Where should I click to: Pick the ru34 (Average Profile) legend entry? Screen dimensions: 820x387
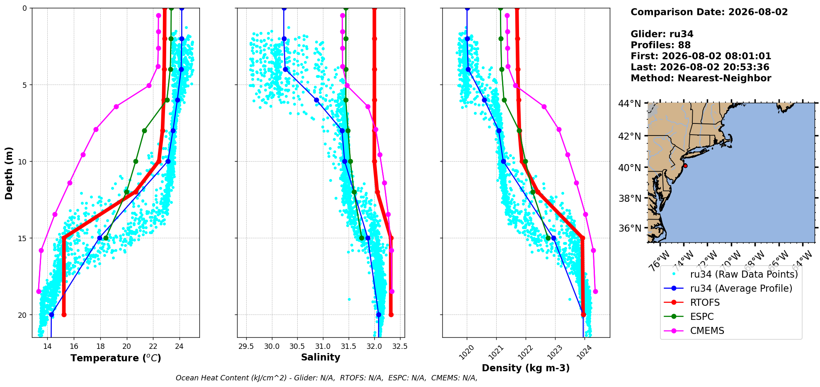coord(728,288)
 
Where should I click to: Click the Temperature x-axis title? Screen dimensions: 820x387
coord(116,358)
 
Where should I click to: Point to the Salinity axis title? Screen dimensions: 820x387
coord(320,358)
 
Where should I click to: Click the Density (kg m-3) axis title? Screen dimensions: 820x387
coord(526,368)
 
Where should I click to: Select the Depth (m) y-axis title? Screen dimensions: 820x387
coord(9,173)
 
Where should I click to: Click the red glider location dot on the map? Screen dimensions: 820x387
coord(685,166)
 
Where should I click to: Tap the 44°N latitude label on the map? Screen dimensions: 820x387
coord(629,104)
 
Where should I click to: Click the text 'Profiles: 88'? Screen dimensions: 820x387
coord(660,45)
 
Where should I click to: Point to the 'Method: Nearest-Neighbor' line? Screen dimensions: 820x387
coord(701,78)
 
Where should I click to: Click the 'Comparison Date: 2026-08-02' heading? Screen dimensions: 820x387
coord(709,12)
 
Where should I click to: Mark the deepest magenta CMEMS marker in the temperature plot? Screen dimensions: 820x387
coord(39,292)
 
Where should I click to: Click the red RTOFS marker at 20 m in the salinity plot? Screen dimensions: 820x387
coord(391,315)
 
